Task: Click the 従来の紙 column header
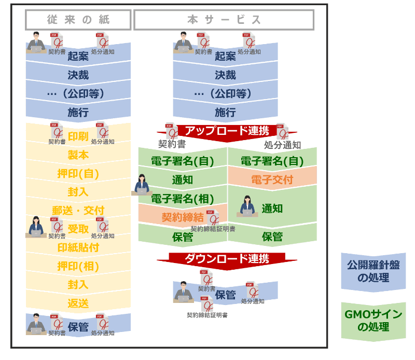(78, 20)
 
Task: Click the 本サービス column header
(224, 20)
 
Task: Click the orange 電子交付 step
(272, 179)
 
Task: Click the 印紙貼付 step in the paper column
(78, 247)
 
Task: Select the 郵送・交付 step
(78, 210)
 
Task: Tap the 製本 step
(78, 155)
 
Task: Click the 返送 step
(78, 303)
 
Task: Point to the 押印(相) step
(78, 266)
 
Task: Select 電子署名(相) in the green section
(182, 198)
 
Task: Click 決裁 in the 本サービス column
(225, 75)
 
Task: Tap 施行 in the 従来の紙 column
(78, 112)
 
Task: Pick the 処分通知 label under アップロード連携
(283, 145)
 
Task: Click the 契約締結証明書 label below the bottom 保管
(207, 315)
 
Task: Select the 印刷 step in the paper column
(78, 136)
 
